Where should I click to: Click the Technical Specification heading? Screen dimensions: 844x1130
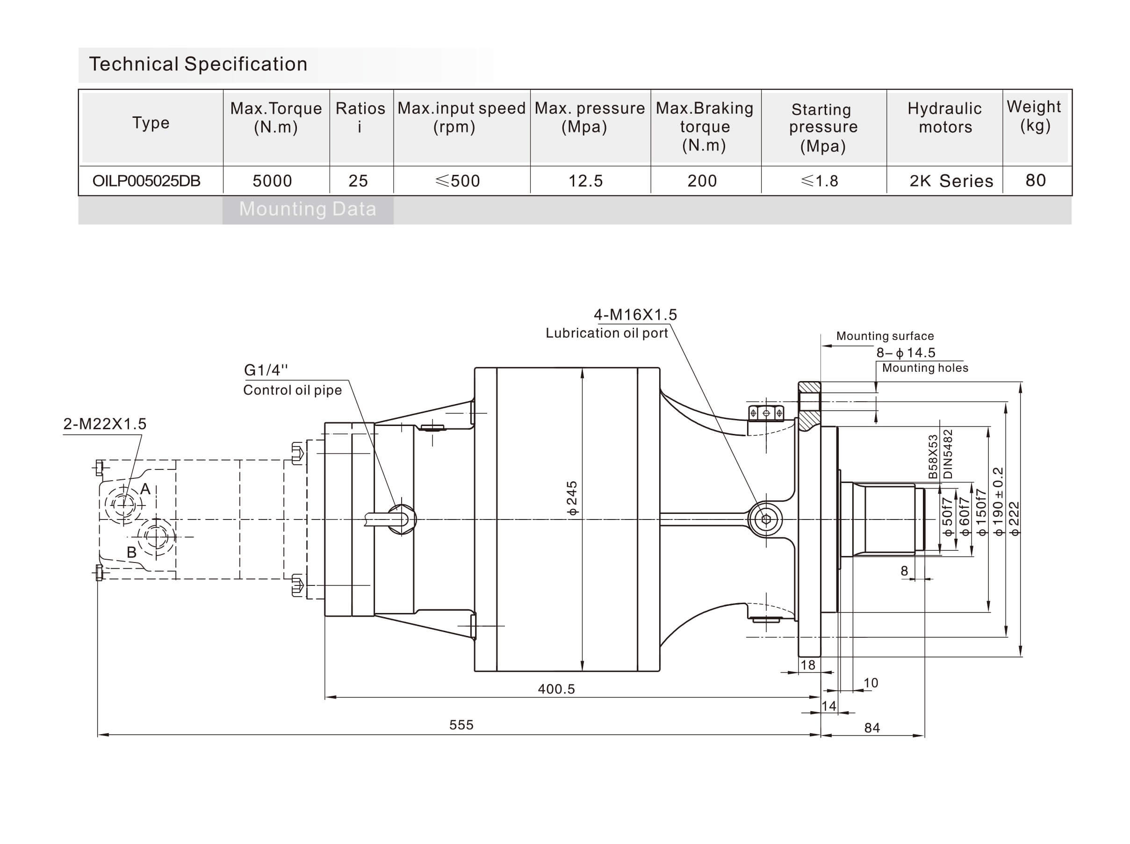(x=198, y=65)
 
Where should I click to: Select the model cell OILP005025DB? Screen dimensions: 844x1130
(x=147, y=181)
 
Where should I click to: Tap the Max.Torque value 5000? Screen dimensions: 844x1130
(x=272, y=181)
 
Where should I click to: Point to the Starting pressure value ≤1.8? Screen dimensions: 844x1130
(x=820, y=181)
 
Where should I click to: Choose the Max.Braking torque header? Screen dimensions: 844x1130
(x=705, y=127)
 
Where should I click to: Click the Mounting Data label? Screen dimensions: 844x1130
(x=308, y=209)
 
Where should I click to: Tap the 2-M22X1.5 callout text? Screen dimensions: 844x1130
(x=105, y=424)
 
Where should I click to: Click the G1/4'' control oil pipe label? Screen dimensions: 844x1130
(x=266, y=370)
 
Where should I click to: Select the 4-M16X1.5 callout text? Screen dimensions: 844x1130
(x=635, y=315)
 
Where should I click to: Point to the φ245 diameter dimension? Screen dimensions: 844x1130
(x=572, y=498)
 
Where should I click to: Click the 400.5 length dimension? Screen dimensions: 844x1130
(x=556, y=689)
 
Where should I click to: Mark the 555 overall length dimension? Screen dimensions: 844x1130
(x=461, y=725)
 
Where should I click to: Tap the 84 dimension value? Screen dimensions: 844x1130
(x=872, y=728)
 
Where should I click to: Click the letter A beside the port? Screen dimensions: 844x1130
(x=145, y=489)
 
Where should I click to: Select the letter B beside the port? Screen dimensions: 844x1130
(x=131, y=552)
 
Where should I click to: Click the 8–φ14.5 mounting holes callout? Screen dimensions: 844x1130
(x=906, y=353)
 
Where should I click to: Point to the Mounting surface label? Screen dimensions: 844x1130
(x=885, y=336)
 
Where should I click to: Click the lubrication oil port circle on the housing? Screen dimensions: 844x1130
(x=766, y=519)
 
